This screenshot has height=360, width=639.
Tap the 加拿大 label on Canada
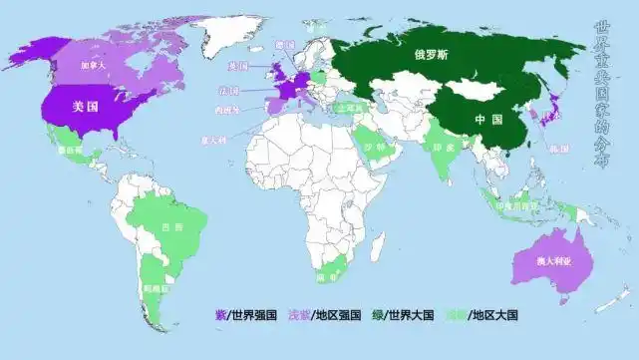click(x=94, y=64)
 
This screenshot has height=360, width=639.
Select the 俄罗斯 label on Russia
click(x=432, y=57)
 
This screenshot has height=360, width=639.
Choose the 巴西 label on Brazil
click(x=171, y=227)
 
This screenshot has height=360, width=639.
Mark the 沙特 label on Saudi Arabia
click(x=374, y=147)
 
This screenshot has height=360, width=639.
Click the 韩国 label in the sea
click(x=572, y=149)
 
